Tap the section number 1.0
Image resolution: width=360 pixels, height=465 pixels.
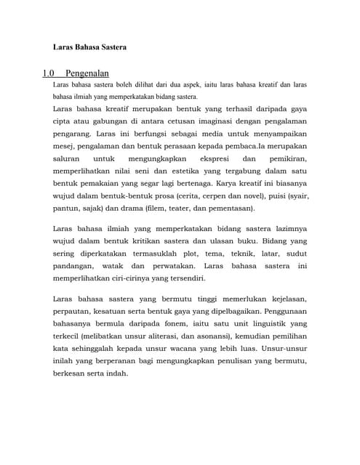[49, 73]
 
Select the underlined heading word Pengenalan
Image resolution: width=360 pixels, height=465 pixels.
[87, 73]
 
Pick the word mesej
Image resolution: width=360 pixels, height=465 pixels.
[63, 146]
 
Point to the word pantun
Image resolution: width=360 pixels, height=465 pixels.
[65, 208]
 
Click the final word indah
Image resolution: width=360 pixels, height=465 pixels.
[116, 373]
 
